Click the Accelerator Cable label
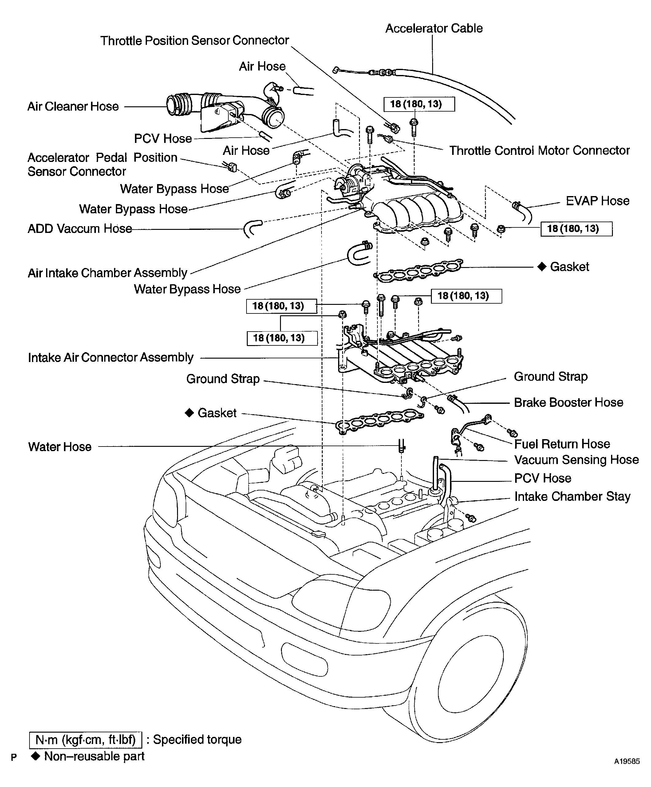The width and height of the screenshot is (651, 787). [x=434, y=29]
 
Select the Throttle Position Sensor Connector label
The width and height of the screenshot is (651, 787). [x=195, y=41]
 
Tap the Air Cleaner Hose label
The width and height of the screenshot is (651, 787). [x=73, y=106]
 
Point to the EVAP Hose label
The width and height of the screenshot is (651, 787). [x=598, y=201]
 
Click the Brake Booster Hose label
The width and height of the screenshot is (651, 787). [x=569, y=403]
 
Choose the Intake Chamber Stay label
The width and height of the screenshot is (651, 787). [x=572, y=497]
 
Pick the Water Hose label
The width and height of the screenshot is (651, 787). [x=60, y=447]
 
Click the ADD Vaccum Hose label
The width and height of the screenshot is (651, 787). [x=80, y=229]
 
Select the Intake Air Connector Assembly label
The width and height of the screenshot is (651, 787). [x=111, y=357]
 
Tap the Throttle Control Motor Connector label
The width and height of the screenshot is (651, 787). [x=539, y=151]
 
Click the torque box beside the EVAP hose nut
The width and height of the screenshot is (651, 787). [x=576, y=229]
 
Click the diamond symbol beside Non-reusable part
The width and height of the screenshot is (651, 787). [x=36, y=756]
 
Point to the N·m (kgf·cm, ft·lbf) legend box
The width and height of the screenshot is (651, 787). [x=85, y=739]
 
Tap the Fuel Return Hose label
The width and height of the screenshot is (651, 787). [x=562, y=444]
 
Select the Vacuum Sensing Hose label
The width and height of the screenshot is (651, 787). [x=576, y=460]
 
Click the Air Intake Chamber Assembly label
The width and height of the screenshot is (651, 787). [x=108, y=273]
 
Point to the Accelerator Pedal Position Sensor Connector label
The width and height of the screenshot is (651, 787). [x=102, y=164]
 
